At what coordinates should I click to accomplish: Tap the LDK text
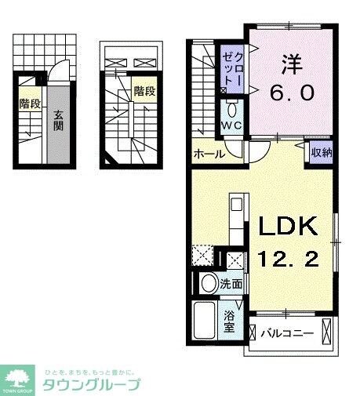coord(289,227)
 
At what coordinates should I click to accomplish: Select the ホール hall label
coord(210,154)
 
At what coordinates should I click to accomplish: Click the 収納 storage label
coord(320,153)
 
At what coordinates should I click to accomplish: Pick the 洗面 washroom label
coord(231,283)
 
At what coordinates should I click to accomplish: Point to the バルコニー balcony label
coord(286,333)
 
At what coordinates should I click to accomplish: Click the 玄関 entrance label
coord(58,125)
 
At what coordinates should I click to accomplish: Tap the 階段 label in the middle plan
coord(144,90)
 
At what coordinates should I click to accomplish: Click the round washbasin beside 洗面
coord(209,283)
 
